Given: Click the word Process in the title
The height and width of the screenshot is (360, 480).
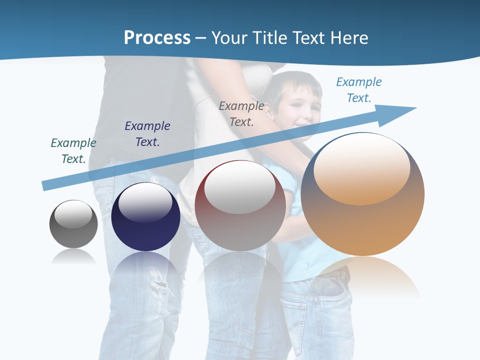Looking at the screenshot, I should pos(157,37).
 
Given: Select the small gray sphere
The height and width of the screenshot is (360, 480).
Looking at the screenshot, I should pos(73,224).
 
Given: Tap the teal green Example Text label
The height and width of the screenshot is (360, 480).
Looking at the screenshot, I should pos(73,150).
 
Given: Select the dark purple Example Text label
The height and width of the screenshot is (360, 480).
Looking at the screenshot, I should pos(147,133).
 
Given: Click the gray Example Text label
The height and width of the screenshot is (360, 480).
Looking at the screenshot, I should pos(241,113).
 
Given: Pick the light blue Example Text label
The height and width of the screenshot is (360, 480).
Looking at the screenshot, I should pos(359,89).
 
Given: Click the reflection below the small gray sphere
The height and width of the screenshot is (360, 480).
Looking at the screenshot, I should pos(73,257).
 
